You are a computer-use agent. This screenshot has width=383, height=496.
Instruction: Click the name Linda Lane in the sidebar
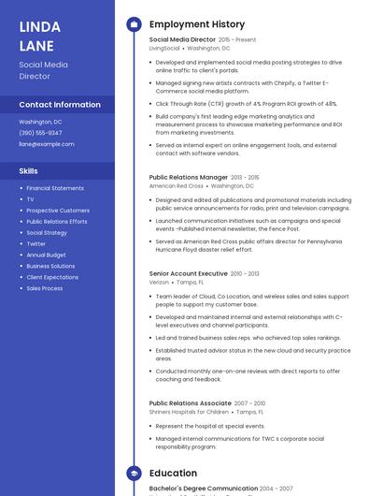coord(40,36)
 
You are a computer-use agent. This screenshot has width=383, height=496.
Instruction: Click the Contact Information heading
coord(60,105)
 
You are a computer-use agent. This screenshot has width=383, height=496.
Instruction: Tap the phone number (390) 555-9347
coord(41,133)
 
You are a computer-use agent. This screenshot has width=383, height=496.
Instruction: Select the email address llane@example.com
coord(47,144)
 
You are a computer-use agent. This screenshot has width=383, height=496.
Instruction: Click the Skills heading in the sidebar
coord(29,171)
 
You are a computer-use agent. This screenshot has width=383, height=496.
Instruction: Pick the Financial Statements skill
coord(55,188)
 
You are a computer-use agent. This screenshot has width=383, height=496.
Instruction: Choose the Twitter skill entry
coord(36,243)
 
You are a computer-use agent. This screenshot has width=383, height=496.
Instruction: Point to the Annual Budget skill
coord(47,255)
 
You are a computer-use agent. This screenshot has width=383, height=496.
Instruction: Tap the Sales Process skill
coord(45,288)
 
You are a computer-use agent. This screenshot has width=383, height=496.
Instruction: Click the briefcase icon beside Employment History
coord(134,23)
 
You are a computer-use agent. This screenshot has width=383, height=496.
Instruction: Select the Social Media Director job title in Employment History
coord(182,40)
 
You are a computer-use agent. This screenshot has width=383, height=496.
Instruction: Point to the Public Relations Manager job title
coord(188,177)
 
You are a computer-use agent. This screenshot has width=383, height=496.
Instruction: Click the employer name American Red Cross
coord(177,185)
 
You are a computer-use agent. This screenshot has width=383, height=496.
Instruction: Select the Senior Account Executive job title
coord(188,273)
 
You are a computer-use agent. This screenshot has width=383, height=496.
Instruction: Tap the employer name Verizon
coord(159,282)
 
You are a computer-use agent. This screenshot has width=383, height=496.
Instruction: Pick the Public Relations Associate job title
coord(190,403)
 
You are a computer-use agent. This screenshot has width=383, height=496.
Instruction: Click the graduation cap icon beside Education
coord(134,474)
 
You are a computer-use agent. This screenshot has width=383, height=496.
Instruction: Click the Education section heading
coord(173,474)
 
